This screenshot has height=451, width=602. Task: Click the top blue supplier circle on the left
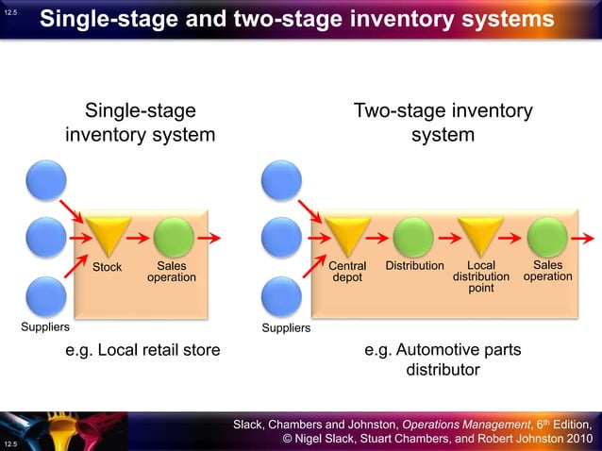46,180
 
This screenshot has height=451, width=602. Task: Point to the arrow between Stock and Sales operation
141,238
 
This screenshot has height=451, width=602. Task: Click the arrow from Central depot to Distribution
380,238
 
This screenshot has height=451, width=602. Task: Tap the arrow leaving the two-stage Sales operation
582,238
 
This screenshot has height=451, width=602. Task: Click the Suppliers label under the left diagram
45,328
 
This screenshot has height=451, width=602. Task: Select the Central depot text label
347,272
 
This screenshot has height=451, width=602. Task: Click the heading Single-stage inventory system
140,123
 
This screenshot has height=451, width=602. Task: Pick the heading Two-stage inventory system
442,123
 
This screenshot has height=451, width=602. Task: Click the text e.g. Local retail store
142,350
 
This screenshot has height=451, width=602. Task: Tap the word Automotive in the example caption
442,350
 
